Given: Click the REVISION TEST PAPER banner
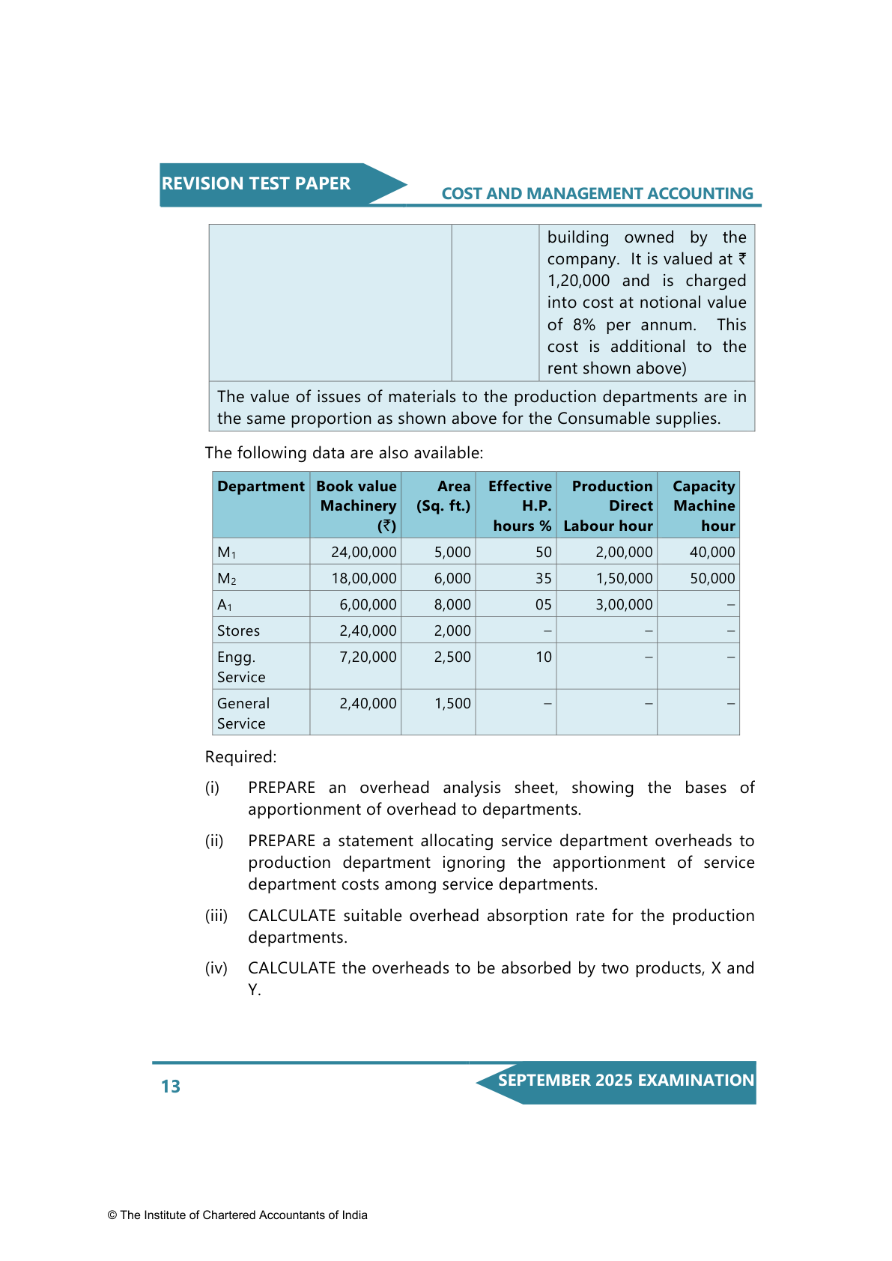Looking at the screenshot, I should [x=256, y=184].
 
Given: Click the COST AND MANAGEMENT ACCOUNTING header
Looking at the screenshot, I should [x=597, y=194].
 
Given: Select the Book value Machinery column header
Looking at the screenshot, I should [x=357, y=505].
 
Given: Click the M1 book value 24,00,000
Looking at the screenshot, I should [x=364, y=553].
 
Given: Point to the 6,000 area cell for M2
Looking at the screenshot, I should [x=452, y=579].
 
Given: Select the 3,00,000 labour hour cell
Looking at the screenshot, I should [x=624, y=605].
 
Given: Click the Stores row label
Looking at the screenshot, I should [x=239, y=631].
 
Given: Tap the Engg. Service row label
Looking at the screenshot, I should [x=241, y=667].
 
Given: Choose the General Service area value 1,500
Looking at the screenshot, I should [x=452, y=704].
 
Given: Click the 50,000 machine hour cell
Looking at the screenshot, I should [x=712, y=579].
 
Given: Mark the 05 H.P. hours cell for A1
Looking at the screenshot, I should [x=543, y=605].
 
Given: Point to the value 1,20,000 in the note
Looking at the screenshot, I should [x=578, y=281].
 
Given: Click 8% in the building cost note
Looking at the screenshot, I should [x=583, y=325].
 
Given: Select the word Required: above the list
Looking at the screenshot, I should [x=240, y=757].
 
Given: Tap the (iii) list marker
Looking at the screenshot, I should [x=216, y=916].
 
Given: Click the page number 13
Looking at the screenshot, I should [x=171, y=1087].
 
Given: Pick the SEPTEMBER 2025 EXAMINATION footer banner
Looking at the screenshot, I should [x=625, y=1081].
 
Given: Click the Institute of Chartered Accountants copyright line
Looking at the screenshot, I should [x=237, y=1215].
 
